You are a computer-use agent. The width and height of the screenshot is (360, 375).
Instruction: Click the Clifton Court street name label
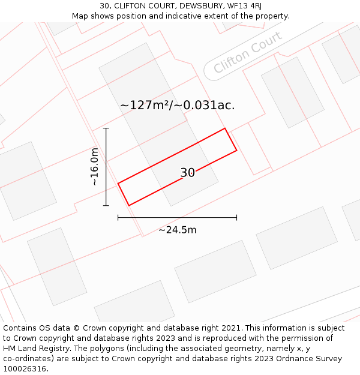(x=247, y=52)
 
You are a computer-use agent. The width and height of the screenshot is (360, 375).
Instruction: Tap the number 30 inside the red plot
(x=187, y=173)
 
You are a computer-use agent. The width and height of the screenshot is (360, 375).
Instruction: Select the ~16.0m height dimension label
(x=94, y=167)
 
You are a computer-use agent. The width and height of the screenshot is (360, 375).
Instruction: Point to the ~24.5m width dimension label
(x=178, y=230)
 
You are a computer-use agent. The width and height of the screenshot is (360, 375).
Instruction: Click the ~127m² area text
(x=145, y=106)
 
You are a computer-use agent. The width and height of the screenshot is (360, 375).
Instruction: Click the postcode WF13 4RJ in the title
(x=244, y=6)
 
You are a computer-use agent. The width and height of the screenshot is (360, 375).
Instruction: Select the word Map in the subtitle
(x=80, y=16)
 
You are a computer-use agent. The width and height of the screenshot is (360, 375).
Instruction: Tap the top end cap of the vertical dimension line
(x=106, y=128)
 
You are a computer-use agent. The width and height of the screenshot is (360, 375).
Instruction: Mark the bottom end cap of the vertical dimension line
(x=106, y=206)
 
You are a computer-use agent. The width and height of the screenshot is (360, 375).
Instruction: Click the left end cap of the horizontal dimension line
(x=118, y=217)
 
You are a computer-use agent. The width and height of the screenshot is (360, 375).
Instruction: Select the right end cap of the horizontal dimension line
(x=236, y=217)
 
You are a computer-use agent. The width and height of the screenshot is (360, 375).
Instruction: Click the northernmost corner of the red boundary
(x=225, y=128)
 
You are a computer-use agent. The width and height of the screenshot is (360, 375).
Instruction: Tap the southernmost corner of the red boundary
(x=129, y=206)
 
